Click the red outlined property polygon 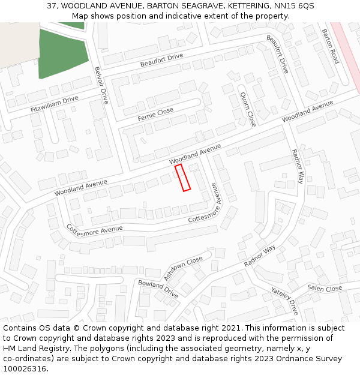[x=182, y=178]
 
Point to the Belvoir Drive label [x=101, y=85]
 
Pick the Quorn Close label [x=248, y=109]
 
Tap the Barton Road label [x=330, y=46]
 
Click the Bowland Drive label [x=158, y=289]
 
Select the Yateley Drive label [x=284, y=299]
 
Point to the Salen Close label [x=325, y=289]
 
